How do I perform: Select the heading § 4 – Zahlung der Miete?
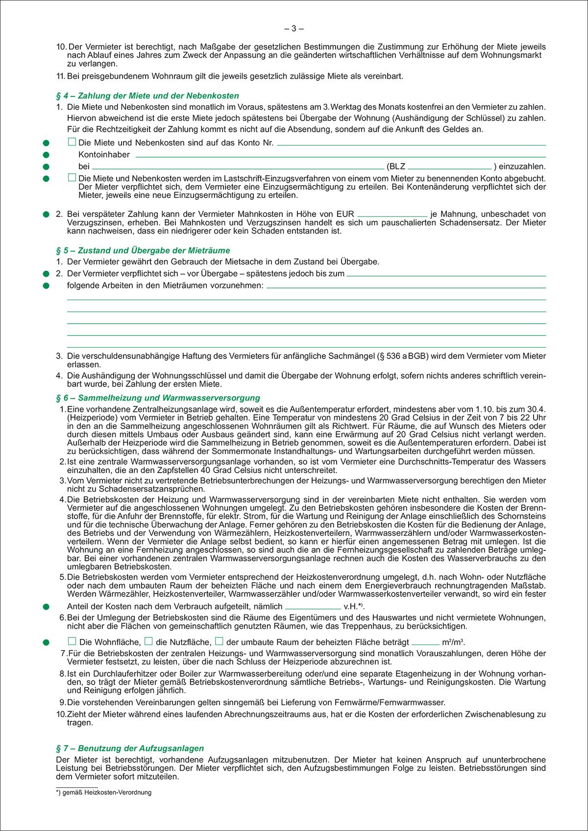(x=147, y=96)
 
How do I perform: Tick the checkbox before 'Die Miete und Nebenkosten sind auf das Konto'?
(x=72, y=142)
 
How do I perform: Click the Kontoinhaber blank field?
(x=340, y=155)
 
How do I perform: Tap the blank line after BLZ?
(x=449, y=166)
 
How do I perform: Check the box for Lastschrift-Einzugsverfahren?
(x=72, y=178)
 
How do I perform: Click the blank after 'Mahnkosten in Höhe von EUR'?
(x=392, y=214)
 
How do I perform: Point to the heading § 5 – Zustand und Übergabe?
(x=143, y=251)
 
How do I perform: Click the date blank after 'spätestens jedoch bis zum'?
(x=446, y=274)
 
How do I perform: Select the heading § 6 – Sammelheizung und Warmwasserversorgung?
(x=158, y=398)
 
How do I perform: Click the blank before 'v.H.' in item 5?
(x=313, y=607)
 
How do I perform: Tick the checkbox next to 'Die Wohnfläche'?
(x=72, y=641)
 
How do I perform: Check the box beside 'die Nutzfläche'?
(x=148, y=641)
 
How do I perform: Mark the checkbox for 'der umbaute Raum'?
(x=219, y=641)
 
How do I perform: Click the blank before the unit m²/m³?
(x=425, y=642)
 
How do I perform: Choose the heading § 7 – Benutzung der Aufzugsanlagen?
(x=130, y=748)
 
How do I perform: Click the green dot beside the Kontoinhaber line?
(x=46, y=155)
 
